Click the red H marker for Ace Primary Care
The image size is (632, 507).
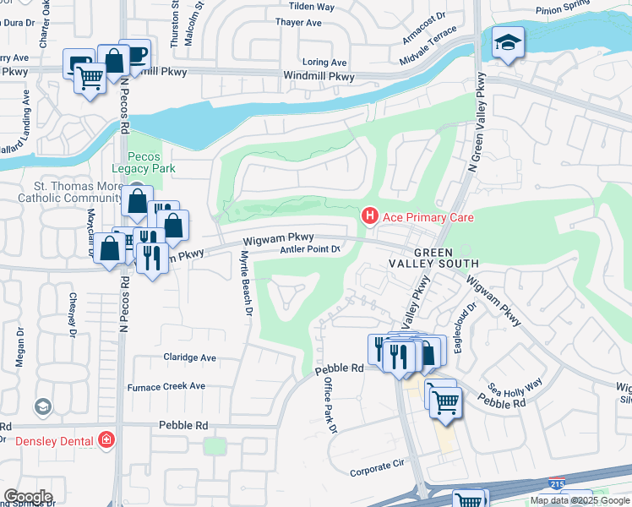[369, 217]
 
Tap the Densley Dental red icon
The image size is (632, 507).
[106, 439]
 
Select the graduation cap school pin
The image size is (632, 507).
[508, 43]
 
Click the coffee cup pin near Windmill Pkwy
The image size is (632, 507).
[134, 55]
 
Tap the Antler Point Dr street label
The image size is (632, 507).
[309, 249]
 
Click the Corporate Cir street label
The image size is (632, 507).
[378, 466]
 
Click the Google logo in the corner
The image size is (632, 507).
[27, 497]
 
